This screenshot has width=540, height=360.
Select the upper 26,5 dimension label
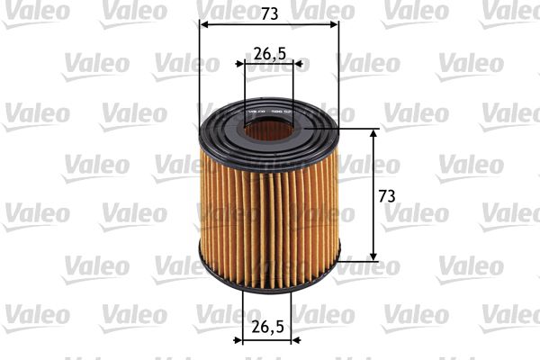(x=269, y=53)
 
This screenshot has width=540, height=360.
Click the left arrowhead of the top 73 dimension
(x=202, y=24)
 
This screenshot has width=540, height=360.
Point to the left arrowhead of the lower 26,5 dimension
(x=239, y=341)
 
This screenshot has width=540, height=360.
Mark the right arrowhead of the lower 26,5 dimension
(x=301, y=341)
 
